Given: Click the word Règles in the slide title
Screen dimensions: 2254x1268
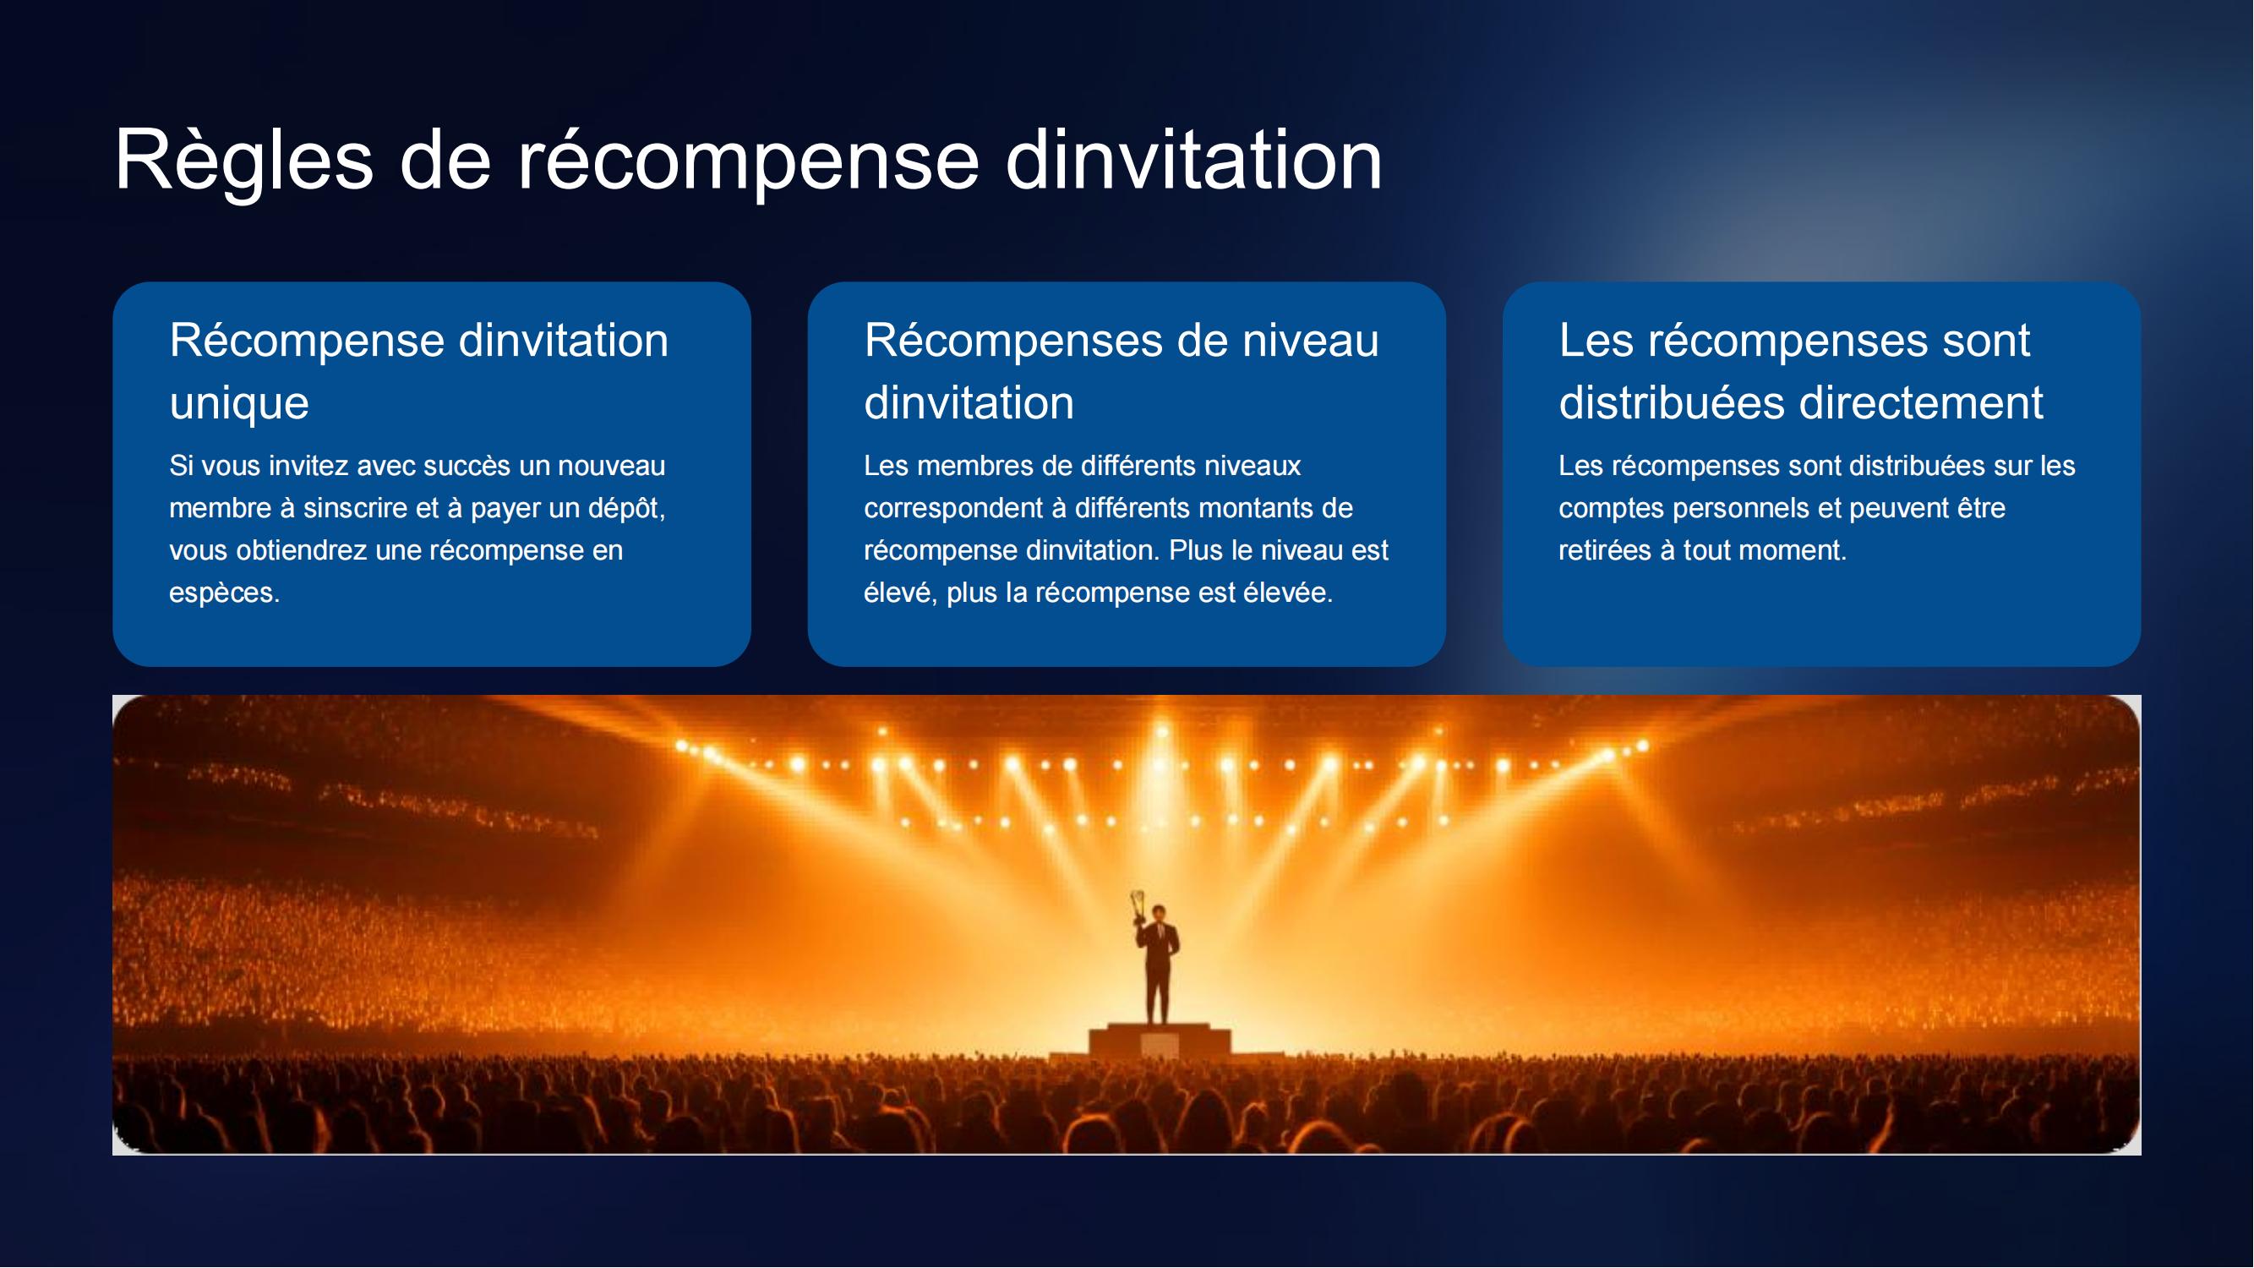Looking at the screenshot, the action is click(244, 162).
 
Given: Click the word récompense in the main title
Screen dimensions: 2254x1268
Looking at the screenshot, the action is click(748, 162).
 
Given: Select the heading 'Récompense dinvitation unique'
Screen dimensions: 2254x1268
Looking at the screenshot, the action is click(419, 371).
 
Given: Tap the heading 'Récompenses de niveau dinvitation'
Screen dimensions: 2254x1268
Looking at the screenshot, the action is click(1122, 371).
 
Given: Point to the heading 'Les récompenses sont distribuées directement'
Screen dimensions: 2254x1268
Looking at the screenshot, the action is click(1801, 371).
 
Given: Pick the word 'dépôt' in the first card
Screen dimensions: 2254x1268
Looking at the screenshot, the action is click(626, 508).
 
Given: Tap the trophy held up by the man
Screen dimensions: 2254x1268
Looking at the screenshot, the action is click(1138, 905).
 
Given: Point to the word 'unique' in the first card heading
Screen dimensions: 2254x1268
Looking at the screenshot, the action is click(239, 403).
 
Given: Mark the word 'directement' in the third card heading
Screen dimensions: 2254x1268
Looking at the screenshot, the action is click(1921, 403).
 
